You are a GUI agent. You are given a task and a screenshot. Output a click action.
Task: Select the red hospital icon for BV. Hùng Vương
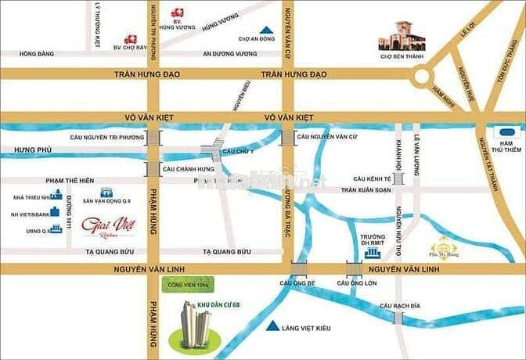[x=178, y=13]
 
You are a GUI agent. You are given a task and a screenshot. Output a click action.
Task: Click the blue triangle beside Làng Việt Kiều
[x=272, y=326]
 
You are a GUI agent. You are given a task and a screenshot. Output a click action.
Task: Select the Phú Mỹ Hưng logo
[x=443, y=244]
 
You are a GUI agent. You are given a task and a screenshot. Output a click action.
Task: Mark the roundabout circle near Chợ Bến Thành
[x=423, y=75]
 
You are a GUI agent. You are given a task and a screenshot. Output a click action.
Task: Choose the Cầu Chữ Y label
[x=238, y=150]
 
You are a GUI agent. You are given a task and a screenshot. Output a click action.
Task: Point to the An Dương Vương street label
[x=229, y=54]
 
